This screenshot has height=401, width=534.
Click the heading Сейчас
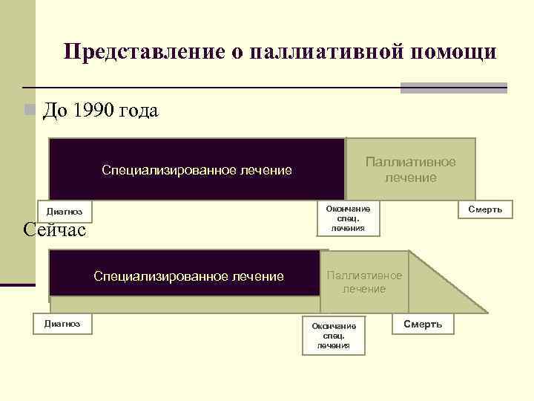(x=55, y=229)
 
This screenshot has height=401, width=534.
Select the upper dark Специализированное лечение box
(x=197, y=170)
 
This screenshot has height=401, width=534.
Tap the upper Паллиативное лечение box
(x=410, y=169)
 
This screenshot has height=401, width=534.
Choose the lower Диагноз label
(x=62, y=322)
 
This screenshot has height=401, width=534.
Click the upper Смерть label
(x=484, y=209)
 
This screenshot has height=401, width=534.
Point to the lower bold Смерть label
(x=423, y=324)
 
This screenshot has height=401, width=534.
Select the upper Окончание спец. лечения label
(x=348, y=218)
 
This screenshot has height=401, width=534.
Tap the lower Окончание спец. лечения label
(x=334, y=336)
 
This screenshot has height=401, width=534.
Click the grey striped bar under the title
(x=453, y=88)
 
